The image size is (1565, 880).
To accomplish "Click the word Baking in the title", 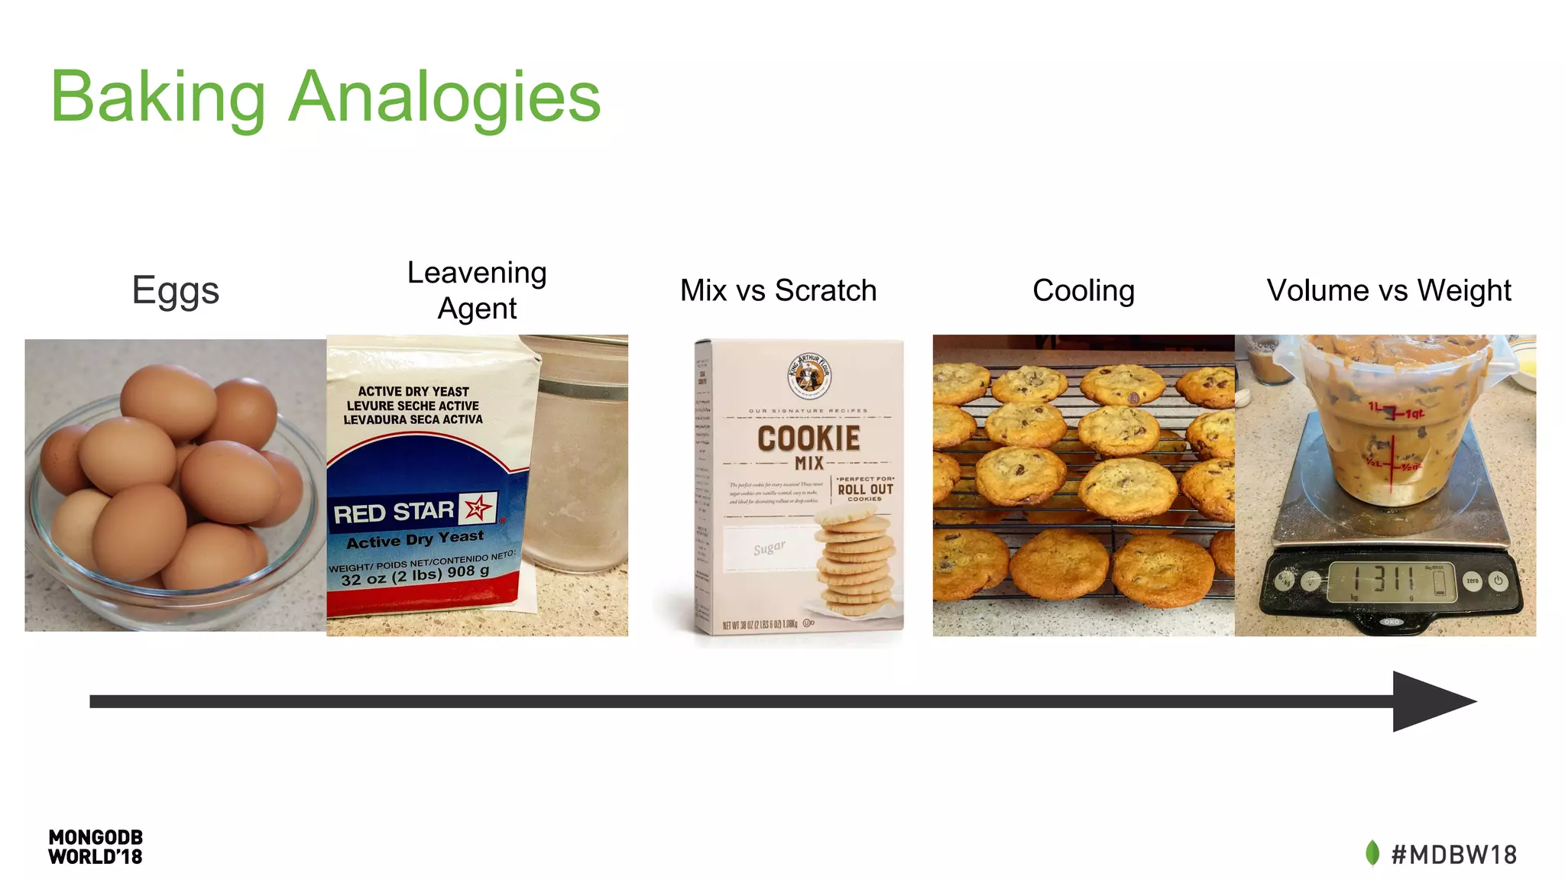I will click(157, 97).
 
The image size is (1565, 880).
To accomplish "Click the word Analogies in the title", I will click(445, 97).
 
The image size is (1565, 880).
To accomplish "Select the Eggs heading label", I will click(175, 291).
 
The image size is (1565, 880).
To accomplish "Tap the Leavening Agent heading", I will click(477, 290).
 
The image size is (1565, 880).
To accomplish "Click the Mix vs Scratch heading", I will click(778, 291).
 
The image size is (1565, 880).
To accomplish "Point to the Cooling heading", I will click(1083, 291).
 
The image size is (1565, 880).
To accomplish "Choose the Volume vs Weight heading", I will click(1388, 291).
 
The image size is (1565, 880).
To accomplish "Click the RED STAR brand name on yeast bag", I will click(394, 513).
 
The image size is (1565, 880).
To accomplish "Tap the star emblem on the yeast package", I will click(478, 507).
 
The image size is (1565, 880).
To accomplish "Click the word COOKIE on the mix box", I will click(808, 438).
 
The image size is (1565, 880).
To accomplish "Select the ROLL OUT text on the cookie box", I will click(865, 489).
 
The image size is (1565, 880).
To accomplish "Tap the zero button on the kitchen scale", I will click(1472, 581).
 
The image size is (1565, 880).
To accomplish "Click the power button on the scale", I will click(1499, 581).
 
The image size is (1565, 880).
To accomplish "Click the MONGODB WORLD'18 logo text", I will click(96, 847).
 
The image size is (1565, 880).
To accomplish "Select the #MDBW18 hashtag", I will click(1453, 854).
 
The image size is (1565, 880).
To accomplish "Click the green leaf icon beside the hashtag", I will click(1372, 853).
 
